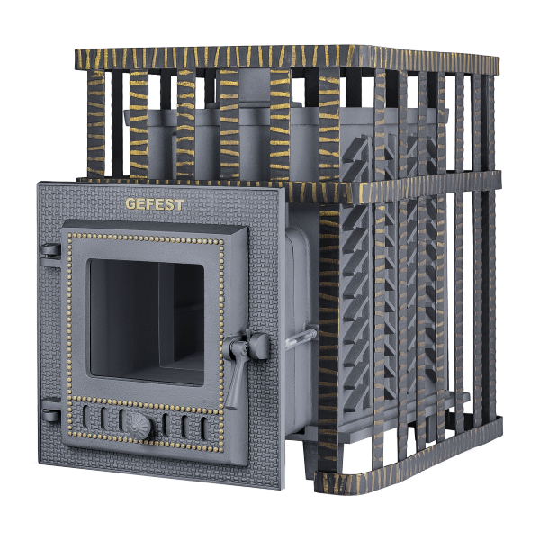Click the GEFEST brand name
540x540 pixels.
(154, 204)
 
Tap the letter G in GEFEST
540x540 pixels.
(130, 204)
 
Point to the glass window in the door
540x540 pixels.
(147, 321)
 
